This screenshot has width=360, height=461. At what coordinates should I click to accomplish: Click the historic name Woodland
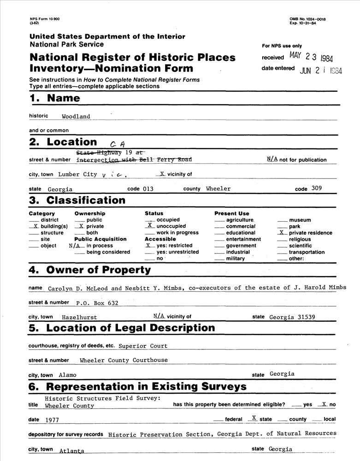point(77,117)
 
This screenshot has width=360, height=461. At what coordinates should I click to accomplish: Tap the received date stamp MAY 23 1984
point(311,57)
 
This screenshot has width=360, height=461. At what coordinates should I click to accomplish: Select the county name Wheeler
point(218,189)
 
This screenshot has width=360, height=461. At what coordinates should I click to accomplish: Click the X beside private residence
point(281,233)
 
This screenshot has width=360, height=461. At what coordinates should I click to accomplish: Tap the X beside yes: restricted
point(148,245)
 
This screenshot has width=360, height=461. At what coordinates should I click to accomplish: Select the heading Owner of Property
point(99,270)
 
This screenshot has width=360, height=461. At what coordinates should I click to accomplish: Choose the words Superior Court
point(143,345)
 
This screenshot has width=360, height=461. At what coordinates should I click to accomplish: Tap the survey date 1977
point(52,420)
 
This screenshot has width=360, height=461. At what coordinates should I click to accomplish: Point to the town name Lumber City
point(77,174)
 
